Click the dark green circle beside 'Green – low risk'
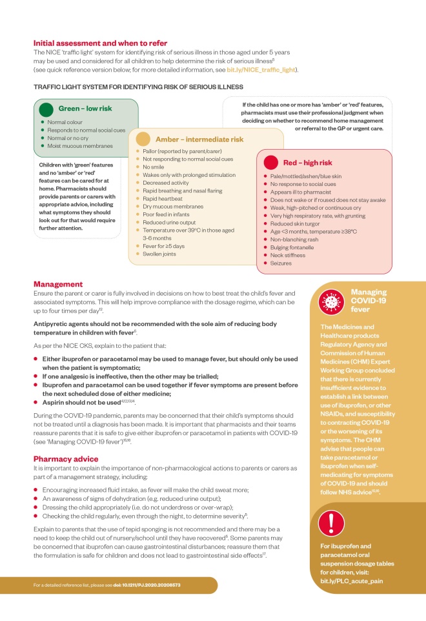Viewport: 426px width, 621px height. coord(46,109)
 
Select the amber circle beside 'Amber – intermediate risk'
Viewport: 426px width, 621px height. coord(144,139)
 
